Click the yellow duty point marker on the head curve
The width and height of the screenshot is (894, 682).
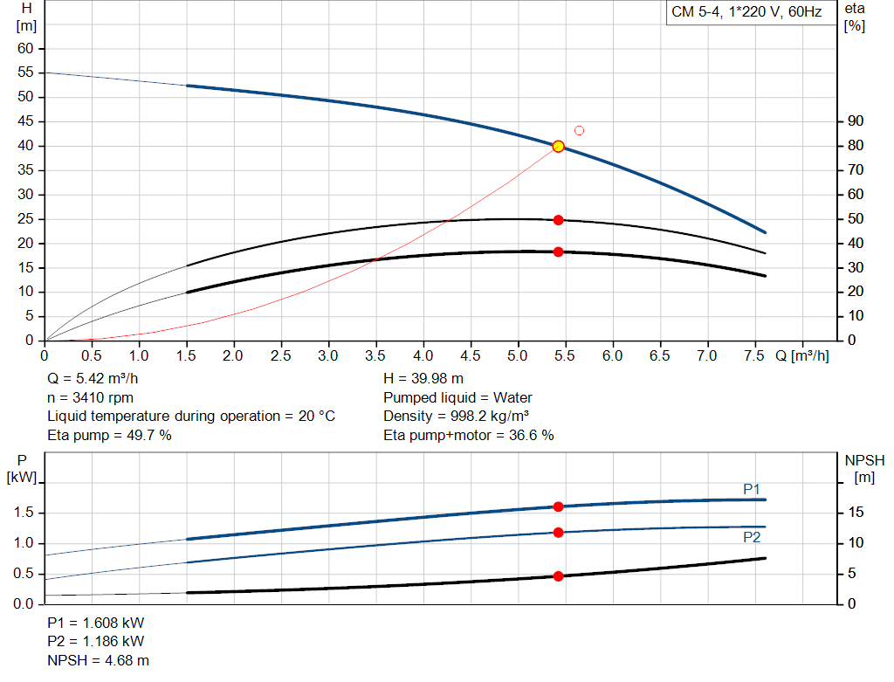(x=559, y=147)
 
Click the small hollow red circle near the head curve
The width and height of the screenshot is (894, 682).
(x=579, y=131)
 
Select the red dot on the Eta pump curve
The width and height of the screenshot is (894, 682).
(x=559, y=220)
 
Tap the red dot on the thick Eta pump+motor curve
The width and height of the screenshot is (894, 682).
(x=559, y=251)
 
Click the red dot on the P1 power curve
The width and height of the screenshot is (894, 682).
(x=559, y=506)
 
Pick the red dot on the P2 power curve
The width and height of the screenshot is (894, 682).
(x=559, y=532)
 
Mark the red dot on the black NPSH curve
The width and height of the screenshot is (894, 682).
(x=559, y=576)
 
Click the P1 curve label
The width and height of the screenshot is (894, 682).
(x=752, y=489)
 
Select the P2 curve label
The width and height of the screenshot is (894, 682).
(x=752, y=538)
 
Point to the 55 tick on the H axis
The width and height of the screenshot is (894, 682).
(x=25, y=72)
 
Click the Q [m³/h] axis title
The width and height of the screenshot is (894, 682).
(x=801, y=356)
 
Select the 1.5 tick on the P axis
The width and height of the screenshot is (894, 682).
(x=24, y=513)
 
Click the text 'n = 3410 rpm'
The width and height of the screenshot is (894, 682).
(x=90, y=397)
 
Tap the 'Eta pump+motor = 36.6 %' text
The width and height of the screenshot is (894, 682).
(x=469, y=435)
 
